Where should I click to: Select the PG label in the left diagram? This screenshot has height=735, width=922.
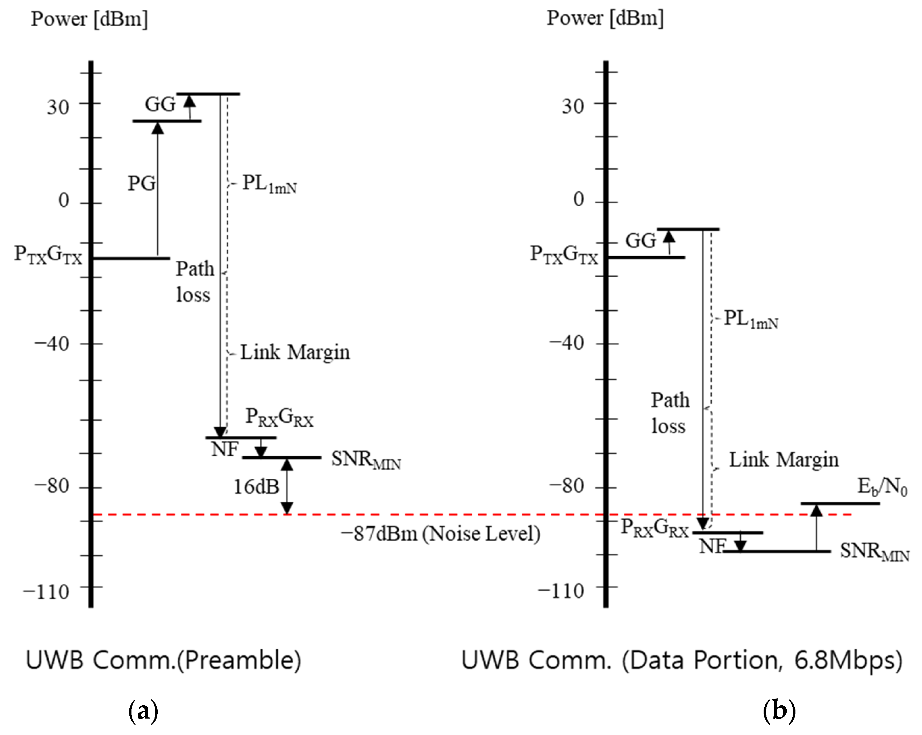pos(142,184)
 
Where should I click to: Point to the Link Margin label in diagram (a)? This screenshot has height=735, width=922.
pos(295,353)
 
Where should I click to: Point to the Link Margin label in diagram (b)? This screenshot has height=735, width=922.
pos(784,460)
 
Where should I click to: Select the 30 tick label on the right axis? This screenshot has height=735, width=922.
pos(573,106)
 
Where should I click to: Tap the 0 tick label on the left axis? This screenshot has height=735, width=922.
pos(64,200)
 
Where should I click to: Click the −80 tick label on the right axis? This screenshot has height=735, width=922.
pos(567,486)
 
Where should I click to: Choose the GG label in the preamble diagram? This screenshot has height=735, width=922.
pos(160,104)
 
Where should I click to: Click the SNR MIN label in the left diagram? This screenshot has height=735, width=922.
pos(366,461)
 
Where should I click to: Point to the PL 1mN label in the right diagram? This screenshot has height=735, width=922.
pos(751,320)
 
